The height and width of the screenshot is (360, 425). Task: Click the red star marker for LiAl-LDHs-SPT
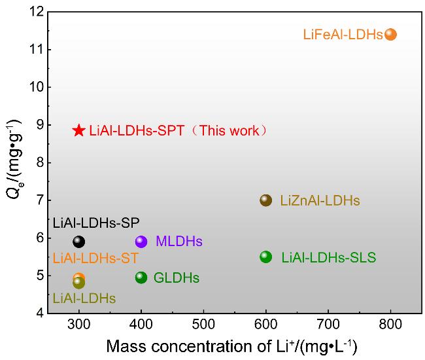[x=79, y=130]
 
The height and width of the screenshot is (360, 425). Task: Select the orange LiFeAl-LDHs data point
[x=390, y=34]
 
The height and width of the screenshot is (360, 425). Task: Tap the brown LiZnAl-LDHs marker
[x=265, y=200]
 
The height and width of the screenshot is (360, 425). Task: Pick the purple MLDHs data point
[x=141, y=241]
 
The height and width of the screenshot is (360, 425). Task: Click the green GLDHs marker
[x=141, y=278]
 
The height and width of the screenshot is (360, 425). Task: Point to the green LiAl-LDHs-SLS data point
[x=265, y=257]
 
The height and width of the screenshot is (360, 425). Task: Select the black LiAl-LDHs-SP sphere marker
[x=79, y=242]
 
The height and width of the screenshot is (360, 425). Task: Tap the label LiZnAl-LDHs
[x=320, y=201]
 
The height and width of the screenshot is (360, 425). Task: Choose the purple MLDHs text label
[x=179, y=241]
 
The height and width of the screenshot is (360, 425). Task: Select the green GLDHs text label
[x=177, y=278]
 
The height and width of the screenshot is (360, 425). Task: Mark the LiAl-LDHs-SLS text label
[x=329, y=257]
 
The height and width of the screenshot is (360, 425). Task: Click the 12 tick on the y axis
[x=37, y=12]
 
